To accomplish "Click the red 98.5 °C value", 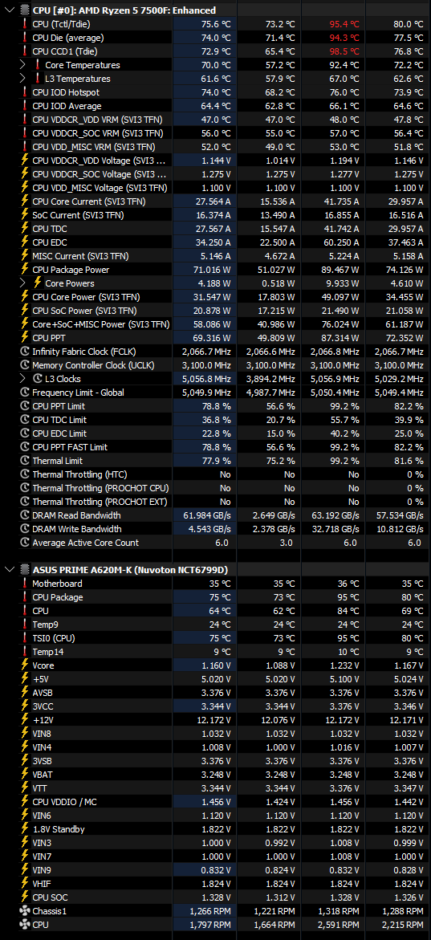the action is click(344, 51).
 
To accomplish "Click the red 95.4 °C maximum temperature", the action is click(344, 24).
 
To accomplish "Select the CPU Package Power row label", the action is click(71, 270).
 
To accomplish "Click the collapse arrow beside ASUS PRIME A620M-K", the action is click(9, 569).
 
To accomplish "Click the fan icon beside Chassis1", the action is click(25, 911).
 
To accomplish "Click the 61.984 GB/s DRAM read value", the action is click(204, 515).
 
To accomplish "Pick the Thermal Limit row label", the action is click(58, 461).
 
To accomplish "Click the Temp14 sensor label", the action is click(49, 652).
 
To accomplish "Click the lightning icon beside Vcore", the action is click(25, 665).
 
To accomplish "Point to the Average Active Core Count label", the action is click(86, 543).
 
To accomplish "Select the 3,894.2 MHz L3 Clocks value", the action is click(270, 379).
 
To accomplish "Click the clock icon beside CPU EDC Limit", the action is click(25, 433).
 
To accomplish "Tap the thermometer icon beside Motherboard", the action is click(25, 584).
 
